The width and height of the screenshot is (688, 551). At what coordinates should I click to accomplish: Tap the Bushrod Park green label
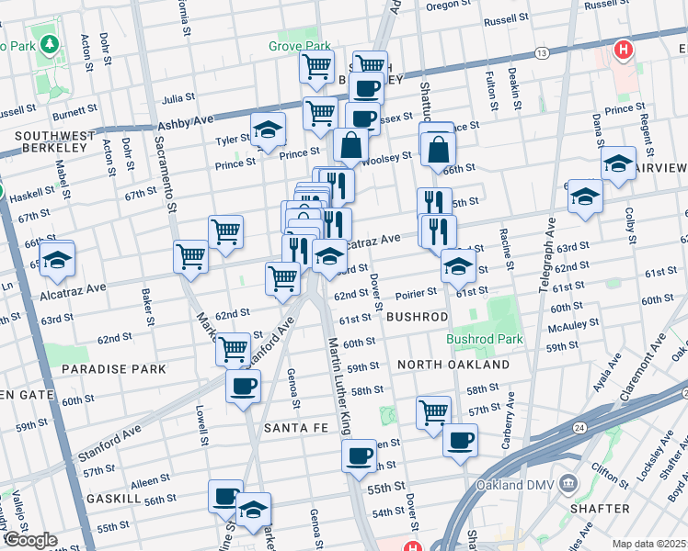coord(485,339)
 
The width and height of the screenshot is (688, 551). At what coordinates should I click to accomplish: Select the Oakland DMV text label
coord(513,485)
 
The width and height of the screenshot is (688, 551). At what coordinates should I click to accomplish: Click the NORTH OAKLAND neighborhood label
coord(453,365)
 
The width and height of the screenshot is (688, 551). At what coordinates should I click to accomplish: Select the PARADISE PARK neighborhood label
coord(113,368)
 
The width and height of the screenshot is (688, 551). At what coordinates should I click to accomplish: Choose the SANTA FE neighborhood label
coord(291,428)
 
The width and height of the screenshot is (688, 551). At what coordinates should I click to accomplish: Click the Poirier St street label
coord(416,295)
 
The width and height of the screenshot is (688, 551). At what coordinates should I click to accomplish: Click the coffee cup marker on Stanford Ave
coord(243,386)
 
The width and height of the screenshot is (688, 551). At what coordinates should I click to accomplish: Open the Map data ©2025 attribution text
coord(648,544)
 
